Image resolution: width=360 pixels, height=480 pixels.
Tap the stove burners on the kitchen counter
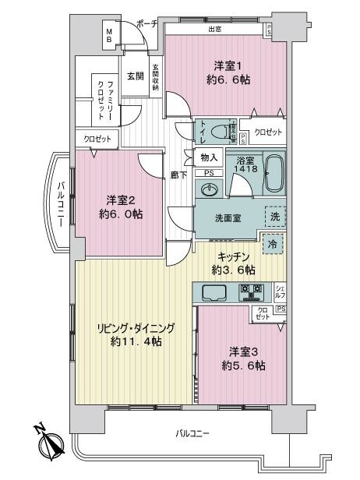pos(253,293)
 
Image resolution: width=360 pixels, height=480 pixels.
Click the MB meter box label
pos(110,34)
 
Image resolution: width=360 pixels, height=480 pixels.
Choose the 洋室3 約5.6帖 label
pos(239,358)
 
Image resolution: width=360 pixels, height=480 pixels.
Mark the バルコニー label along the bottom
pos(192,432)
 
